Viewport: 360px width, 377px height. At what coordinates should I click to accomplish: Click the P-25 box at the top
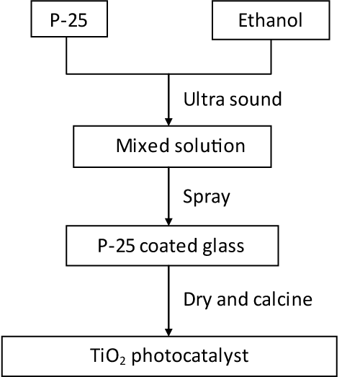click(69, 19)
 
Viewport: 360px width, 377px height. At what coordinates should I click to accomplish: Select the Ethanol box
click(271, 20)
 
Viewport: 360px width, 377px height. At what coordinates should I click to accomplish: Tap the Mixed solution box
click(172, 146)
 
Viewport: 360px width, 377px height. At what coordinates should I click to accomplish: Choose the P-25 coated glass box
click(172, 246)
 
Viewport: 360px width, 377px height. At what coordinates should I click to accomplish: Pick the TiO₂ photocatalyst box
click(169, 356)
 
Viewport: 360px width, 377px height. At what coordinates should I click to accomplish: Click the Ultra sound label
click(233, 99)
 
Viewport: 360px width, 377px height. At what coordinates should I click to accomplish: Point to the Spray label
click(207, 198)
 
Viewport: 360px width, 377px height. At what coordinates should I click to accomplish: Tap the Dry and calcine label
click(248, 299)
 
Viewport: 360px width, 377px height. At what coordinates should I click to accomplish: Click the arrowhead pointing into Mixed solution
click(168, 122)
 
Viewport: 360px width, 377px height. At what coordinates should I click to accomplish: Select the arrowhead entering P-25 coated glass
click(168, 222)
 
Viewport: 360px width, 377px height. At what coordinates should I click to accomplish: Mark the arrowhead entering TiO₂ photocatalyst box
click(168, 332)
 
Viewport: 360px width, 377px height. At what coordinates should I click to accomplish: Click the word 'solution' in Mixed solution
click(210, 146)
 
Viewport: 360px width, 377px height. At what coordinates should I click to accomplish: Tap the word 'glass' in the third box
click(223, 247)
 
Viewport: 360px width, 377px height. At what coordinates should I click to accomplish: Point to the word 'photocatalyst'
click(190, 356)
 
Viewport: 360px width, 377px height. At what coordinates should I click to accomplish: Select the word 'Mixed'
click(143, 146)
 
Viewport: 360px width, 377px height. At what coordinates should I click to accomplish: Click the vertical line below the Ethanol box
click(271, 57)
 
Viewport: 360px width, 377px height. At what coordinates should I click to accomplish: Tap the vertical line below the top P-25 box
click(66, 56)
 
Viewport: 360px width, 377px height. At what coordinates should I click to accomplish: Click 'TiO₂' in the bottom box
click(108, 356)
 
